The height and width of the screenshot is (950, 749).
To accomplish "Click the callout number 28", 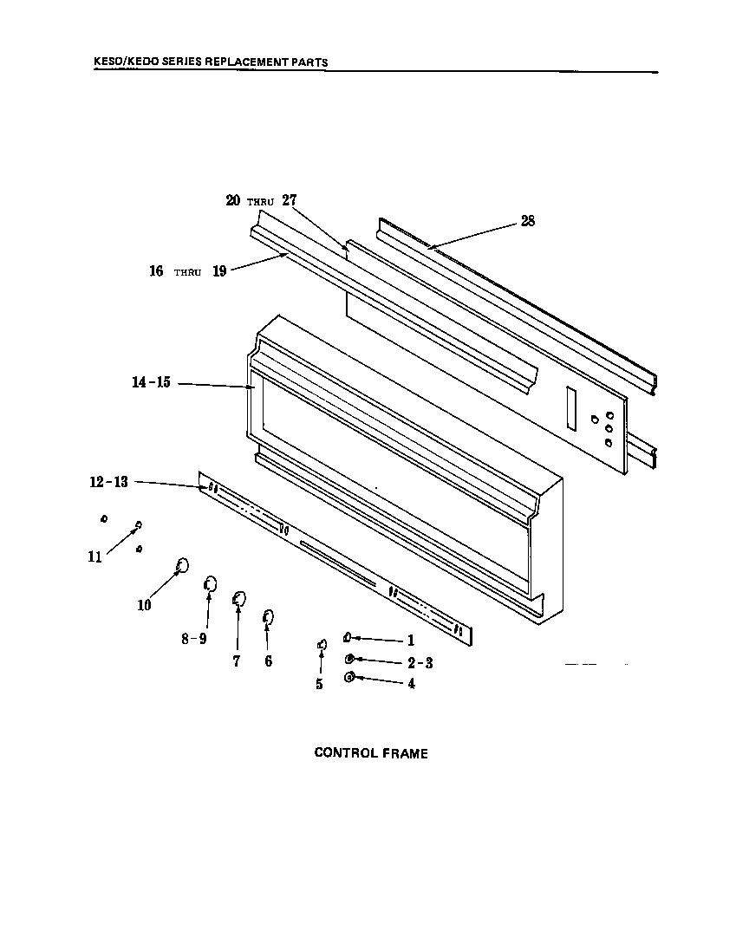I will coord(527,221).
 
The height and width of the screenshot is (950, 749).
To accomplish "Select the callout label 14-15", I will coord(151,383).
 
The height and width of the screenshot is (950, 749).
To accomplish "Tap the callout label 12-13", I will coord(108,483).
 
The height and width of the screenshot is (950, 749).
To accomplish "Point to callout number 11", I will coord(94,557).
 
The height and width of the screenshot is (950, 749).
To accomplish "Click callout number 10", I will coord(144,605).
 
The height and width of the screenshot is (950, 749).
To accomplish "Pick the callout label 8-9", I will coord(193,639).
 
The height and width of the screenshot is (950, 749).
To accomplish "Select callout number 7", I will coord(236,660).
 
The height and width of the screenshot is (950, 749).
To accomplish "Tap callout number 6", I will coord(268,661).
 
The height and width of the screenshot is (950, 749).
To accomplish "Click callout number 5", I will coord(319,684).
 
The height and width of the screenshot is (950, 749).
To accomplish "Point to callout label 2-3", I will coord(420,663).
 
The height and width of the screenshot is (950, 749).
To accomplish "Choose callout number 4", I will coord(411,683).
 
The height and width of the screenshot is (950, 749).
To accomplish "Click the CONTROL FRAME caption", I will coord(370,753).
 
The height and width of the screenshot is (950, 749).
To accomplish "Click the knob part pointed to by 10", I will coord(182,566).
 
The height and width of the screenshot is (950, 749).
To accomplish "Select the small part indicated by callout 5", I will coord(322,645).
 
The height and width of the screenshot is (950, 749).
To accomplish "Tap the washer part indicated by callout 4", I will coord(349,677).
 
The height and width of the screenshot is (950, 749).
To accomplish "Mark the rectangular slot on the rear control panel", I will coord(570,407).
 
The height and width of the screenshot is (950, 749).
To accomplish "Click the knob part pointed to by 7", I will coord(239,597).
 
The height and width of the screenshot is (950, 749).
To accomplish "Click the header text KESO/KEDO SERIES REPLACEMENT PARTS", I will coord(211,62).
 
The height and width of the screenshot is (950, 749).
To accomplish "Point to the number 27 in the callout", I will coord(289,200).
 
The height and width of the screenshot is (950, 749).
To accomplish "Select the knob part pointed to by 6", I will coord(268,616).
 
